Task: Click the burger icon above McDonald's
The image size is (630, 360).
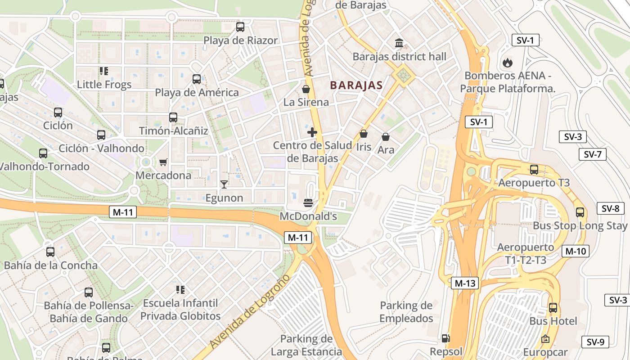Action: (x=308, y=203)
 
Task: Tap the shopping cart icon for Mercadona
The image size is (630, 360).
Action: (x=163, y=162)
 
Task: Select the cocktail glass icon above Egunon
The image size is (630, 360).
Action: (x=224, y=184)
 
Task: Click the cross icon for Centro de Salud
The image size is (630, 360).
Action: (x=312, y=132)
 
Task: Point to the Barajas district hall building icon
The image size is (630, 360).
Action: (x=399, y=43)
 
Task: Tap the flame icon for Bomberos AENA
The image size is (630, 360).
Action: (x=507, y=62)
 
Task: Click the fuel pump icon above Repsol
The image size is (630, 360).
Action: (x=445, y=338)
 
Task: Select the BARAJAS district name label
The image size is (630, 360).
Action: (x=356, y=85)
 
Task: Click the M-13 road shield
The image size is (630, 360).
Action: (x=465, y=283)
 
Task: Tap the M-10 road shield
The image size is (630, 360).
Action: (x=575, y=251)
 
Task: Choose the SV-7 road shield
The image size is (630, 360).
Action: (x=592, y=154)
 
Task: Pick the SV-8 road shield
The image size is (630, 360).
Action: (x=610, y=208)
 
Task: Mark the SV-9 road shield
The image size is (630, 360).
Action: (x=595, y=342)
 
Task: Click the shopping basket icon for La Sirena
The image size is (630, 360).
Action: (x=306, y=89)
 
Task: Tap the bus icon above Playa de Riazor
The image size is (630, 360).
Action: (x=240, y=27)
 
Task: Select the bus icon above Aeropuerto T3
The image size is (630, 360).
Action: (x=534, y=170)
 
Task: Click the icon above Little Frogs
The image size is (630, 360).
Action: (x=104, y=71)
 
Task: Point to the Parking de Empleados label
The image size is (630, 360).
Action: (x=406, y=312)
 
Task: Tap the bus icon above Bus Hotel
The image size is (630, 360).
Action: (x=553, y=308)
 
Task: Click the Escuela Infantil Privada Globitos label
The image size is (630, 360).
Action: (x=180, y=310)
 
